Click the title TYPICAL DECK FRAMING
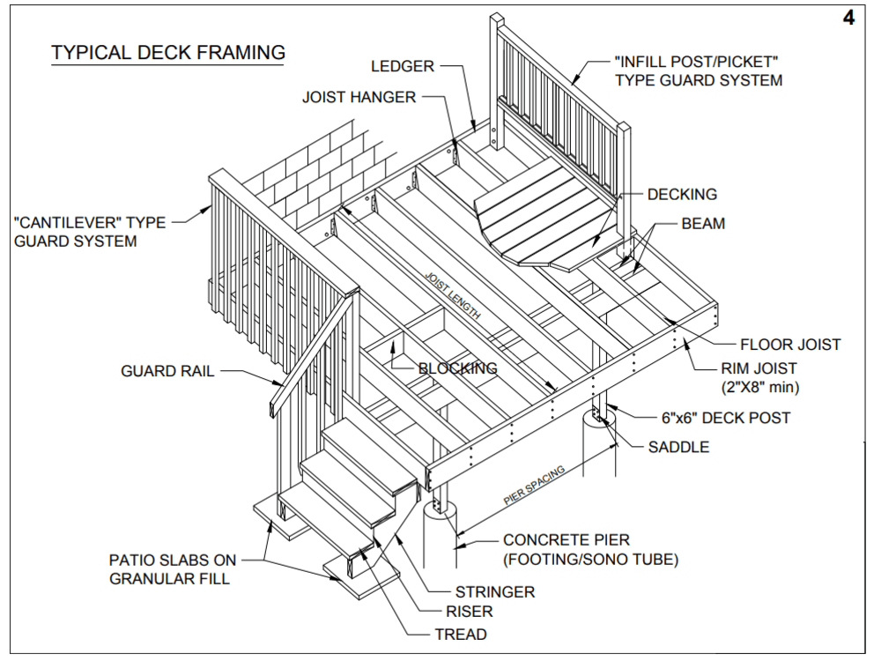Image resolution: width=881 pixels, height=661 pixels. tap(167, 53)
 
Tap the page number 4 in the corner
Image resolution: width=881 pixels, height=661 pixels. tap(848, 19)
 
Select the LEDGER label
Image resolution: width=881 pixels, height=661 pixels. tap(403, 66)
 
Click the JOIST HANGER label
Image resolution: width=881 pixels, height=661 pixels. tap(359, 97)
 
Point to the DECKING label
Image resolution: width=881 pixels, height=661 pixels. tap(682, 194)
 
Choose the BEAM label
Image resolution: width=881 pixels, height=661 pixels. tap(703, 224)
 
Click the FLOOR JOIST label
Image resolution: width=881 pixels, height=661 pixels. tap(790, 345)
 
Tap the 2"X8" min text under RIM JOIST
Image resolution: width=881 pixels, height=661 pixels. tap(759, 386)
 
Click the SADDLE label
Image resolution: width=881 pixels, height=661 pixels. tap(679, 448)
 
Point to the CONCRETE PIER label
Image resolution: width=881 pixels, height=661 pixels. tap(566, 540)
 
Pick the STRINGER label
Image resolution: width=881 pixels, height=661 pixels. tap(495, 591)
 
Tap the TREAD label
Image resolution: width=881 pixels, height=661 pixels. tap(460, 634)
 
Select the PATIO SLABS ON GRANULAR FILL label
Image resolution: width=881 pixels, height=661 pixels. tap(173, 569)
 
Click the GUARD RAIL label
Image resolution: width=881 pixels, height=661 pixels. tap(167, 371)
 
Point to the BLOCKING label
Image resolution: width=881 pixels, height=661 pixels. tap(457, 368)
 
